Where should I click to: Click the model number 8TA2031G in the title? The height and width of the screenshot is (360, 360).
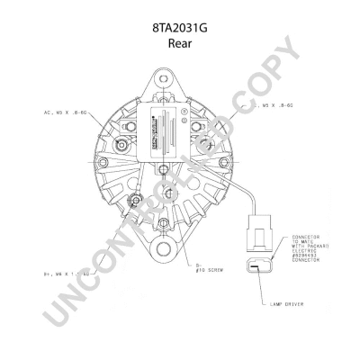tap(180, 28)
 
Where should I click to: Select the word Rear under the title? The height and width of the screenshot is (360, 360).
tap(180, 46)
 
